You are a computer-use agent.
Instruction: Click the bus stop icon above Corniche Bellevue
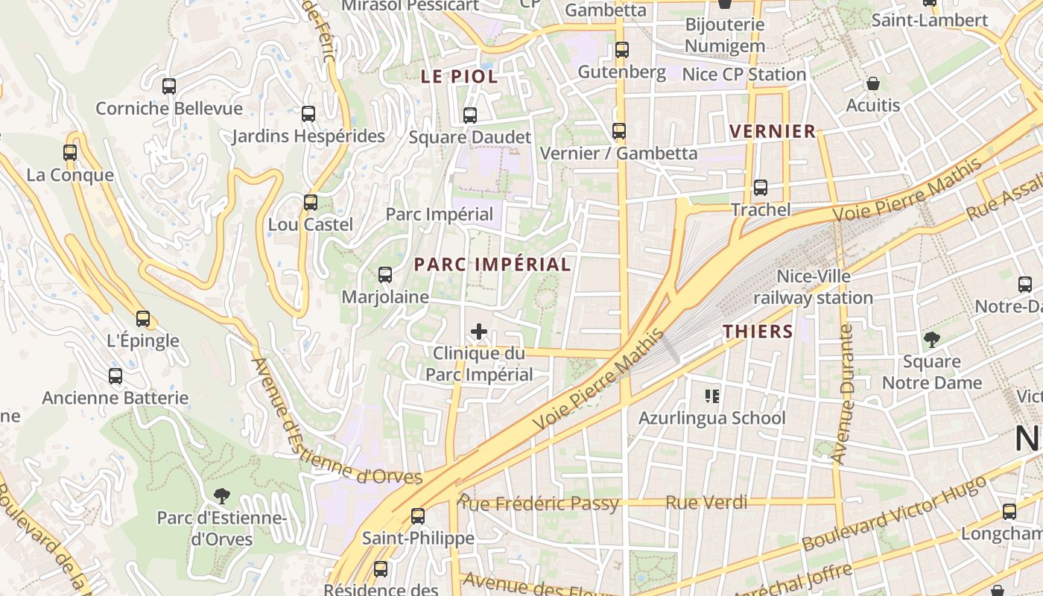pyautogui.click(x=169, y=86)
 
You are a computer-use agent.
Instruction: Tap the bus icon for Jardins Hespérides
pyautogui.click(x=308, y=114)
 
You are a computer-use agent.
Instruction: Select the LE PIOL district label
pyautogui.click(x=459, y=76)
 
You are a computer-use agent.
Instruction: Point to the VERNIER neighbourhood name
pyautogui.click(x=773, y=132)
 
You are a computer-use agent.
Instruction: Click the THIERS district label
pyautogui.click(x=758, y=332)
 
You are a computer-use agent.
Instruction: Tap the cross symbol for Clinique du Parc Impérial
pyautogui.click(x=479, y=332)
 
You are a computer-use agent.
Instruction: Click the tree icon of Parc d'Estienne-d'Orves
pyautogui.click(x=221, y=495)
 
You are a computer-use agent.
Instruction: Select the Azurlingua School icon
pyautogui.click(x=712, y=396)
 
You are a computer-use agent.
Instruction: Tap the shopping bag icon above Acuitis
pyautogui.click(x=872, y=83)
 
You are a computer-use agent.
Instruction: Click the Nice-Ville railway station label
pyautogui.click(x=814, y=287)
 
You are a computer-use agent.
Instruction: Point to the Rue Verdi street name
pyautogui.click(x=706, y=503)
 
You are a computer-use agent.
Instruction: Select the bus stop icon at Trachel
pyautogui.click(x=760, y=188)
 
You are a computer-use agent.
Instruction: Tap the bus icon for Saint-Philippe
pyautogui.click(x=418, y=516)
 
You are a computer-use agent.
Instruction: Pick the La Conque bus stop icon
pyautogui.click(x=70, y=153)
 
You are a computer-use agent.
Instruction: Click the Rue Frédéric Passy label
pyautogui.click(x=539, y=504)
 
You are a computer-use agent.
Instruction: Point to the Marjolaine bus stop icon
pyautogui.click(x=385, y=275)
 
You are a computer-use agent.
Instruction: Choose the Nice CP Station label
pyautogui.click(x=744, y=74)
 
